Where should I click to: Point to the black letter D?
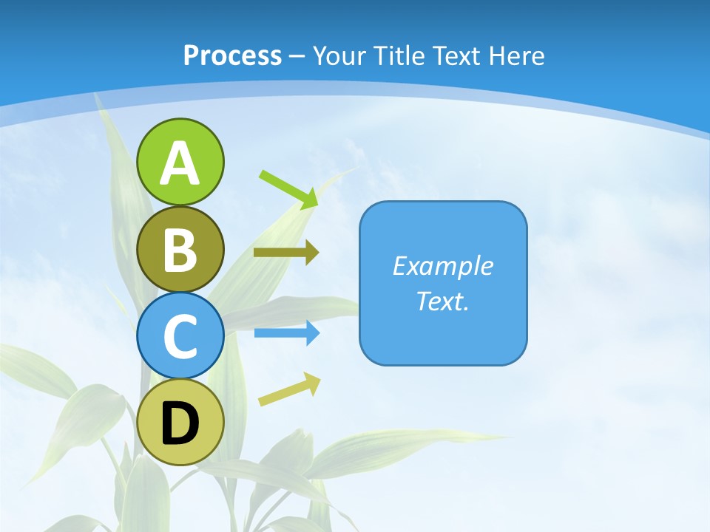(x=180, y=423)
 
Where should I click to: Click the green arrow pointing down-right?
(x=288, y=189)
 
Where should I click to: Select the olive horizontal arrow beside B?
(x=285, y=253)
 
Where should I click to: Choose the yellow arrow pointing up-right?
(x=289, y=390)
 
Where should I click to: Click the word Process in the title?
(x=232, y=55)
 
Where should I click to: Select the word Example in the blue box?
(x=442, y=266)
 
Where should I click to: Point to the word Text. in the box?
(x=442, y=301)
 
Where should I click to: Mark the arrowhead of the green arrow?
(x=310, y=199)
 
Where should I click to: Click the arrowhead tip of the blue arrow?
(x=317, y=333)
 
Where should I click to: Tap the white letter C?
(x=180, y=336)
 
